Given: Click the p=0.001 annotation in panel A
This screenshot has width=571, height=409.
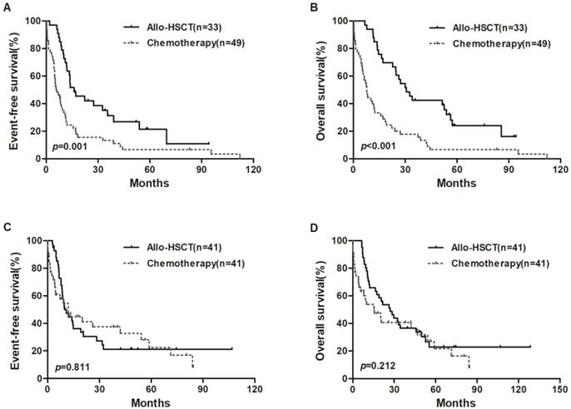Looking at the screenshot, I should pyautogui.click(x=69, y=146).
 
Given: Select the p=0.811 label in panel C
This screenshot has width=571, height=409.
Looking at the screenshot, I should pyautogui.click(x=69, y=366).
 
